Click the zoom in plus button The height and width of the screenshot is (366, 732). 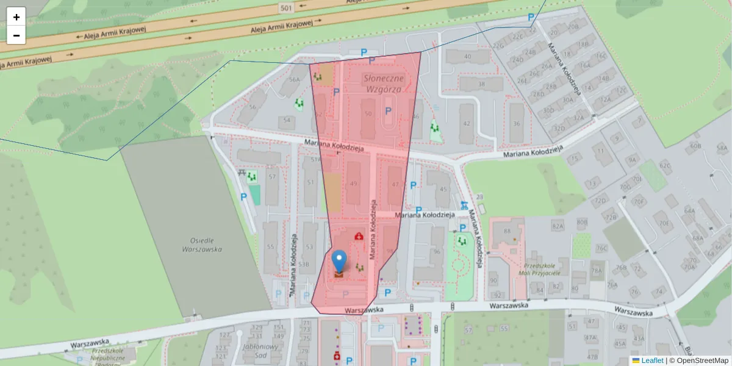[x=16, y=17]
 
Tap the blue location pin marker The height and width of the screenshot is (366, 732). [x=339, y=261]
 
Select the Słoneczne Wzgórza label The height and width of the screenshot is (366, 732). [x=383, y=84]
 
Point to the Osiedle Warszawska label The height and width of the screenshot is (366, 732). [x=201, y=243]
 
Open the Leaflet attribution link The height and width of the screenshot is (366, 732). [x=652, y=361]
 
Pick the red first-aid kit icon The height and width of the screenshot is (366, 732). [x=359, y=235]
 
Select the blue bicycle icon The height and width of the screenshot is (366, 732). [x=464, y=205]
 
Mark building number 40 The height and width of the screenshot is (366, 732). [x=467, y=57]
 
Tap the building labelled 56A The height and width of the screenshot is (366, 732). [x=295, y=79]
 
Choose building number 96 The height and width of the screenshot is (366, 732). [x=436, y=251]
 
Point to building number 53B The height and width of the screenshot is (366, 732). [x=303, y=264]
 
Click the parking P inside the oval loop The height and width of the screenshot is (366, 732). [x=388, y=111]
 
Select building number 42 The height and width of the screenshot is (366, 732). [x=467, y=123]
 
